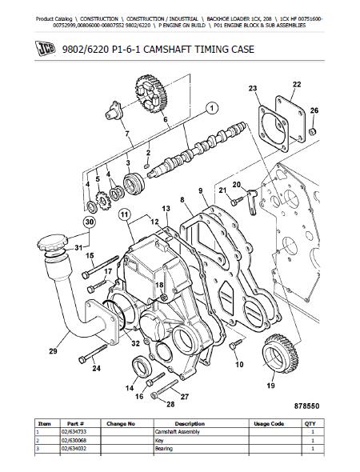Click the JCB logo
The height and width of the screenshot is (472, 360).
tap(45, 49)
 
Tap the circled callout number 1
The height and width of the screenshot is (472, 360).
tap(212, 108)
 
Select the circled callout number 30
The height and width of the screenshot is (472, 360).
tap(89, 222)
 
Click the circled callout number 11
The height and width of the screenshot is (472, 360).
tap(125, 214)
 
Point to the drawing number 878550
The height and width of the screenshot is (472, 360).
tap(306, 406)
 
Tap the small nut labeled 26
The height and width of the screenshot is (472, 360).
tap(313, 131)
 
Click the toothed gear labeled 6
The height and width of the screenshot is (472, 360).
tap(151, 94)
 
